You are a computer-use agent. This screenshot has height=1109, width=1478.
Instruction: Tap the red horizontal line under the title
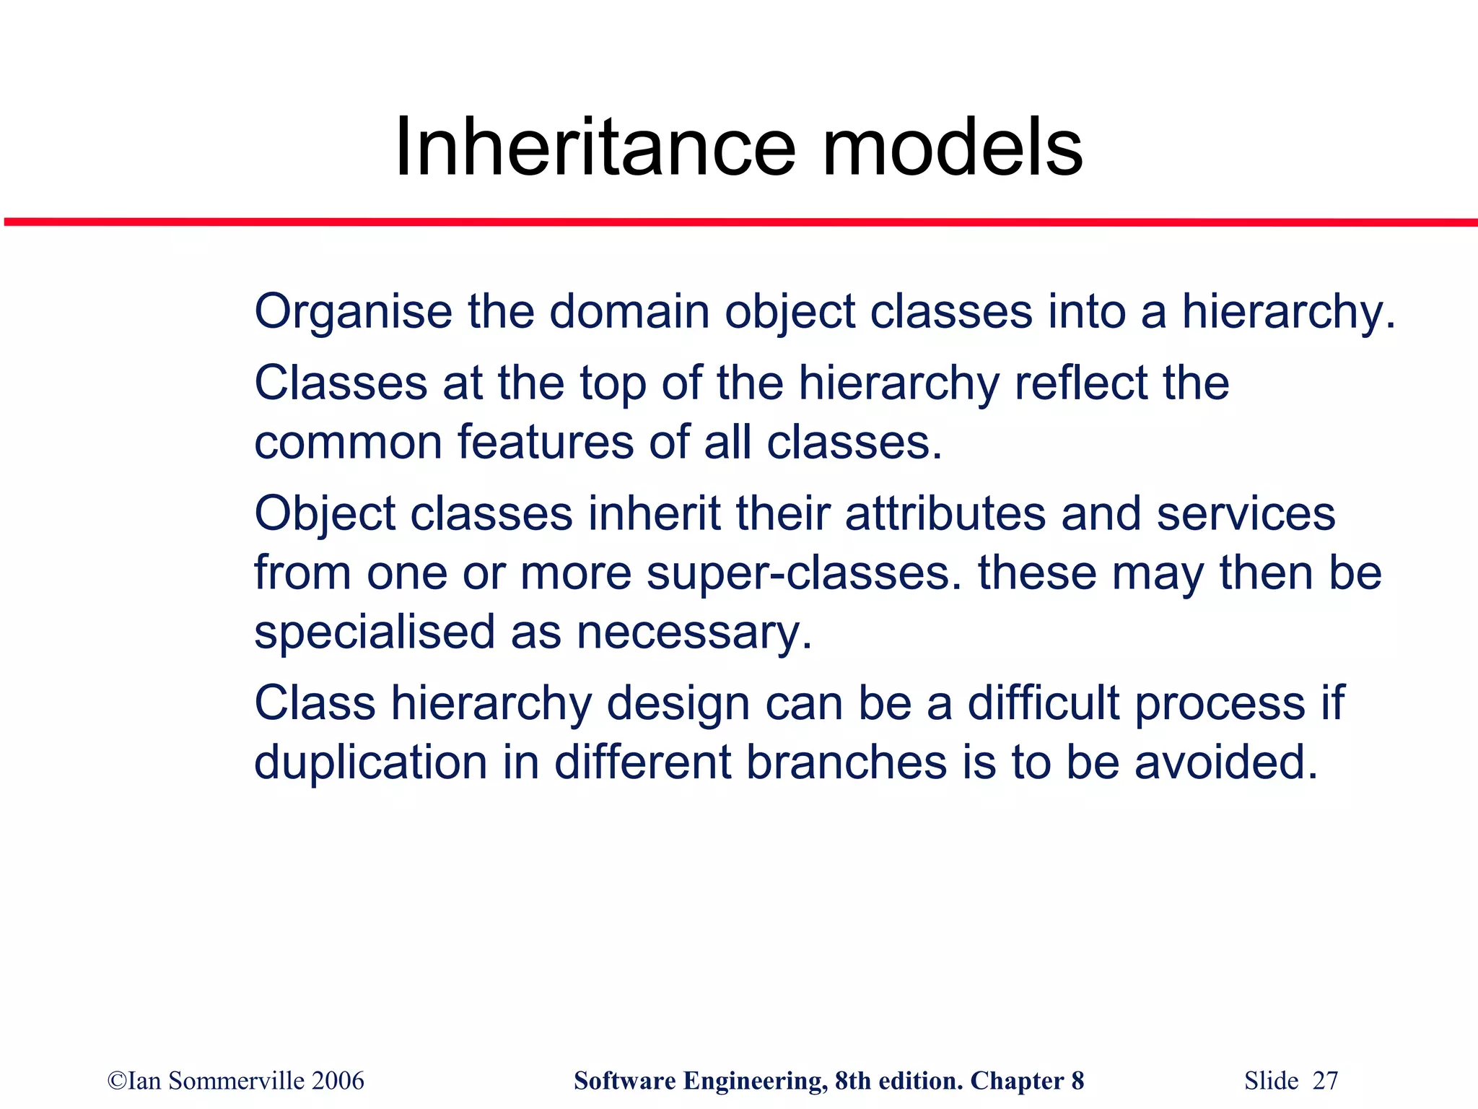[739, 222]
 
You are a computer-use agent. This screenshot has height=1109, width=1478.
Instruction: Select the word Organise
[353, 313]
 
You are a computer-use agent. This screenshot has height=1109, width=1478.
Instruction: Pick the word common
[348, 443]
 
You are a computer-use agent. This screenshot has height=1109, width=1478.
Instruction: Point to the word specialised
[375, 632]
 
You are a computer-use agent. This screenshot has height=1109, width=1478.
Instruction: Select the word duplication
[370, 762]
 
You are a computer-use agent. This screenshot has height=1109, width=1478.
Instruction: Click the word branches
[846, 762]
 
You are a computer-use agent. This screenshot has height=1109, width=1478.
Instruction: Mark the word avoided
[1226, 762]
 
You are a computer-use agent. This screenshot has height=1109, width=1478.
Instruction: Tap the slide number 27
[1325, 1081]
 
